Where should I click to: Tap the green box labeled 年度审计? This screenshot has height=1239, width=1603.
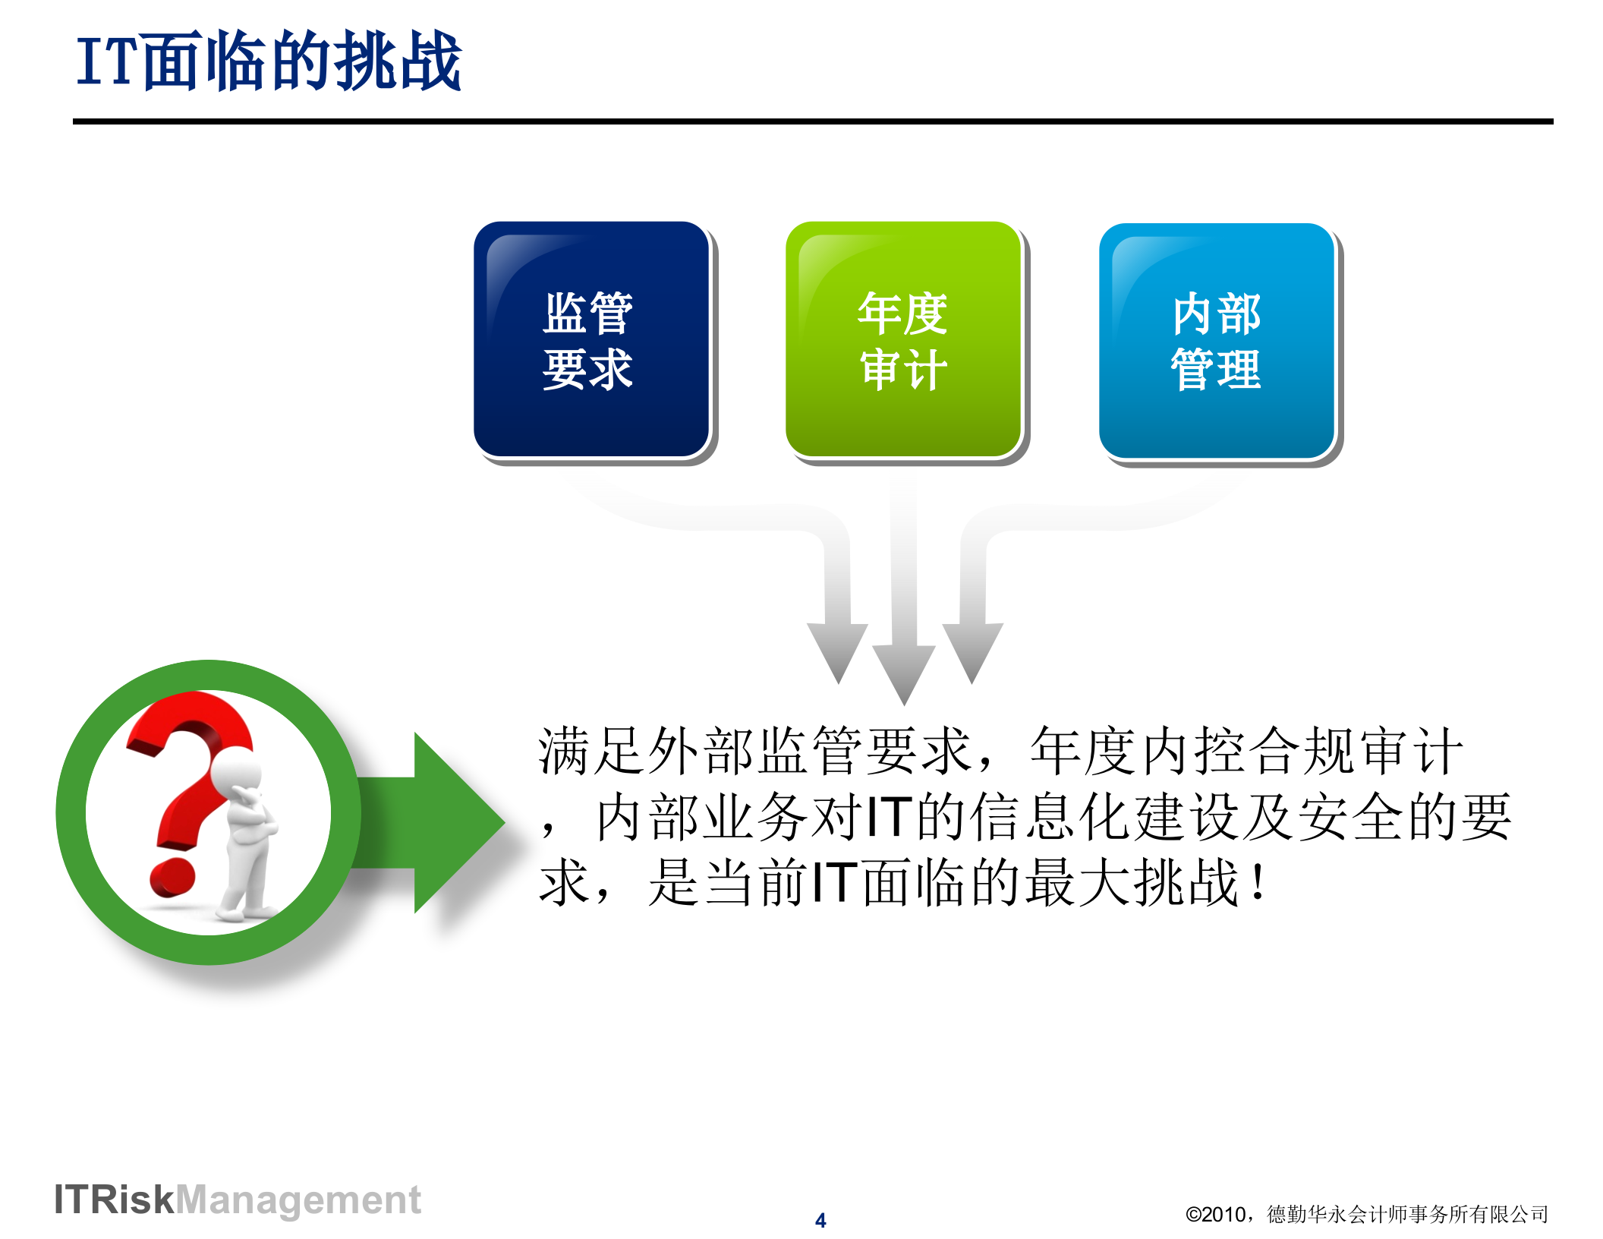(903, 339)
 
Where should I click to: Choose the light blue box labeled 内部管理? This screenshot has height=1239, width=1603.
(1217, 341)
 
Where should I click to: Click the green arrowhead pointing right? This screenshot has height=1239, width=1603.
(455, 822)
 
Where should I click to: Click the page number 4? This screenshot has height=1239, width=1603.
(820, 1220)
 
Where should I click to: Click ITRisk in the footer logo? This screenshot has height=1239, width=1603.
(114, 1200)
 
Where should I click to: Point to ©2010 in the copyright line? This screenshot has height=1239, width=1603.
(1215, 1215)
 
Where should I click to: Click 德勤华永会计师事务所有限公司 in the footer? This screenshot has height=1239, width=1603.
(1407, 1215)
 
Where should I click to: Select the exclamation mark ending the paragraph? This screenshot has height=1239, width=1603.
(1258, 882)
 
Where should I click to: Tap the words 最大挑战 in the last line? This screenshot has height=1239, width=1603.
(1131, 883)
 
